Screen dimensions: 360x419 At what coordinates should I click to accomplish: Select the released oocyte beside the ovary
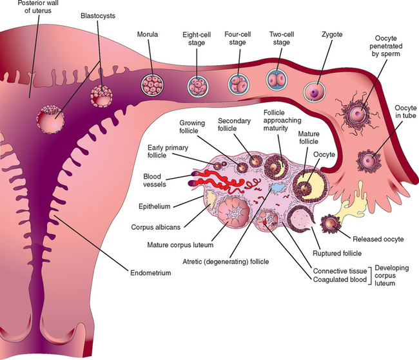click(x=330, y=225)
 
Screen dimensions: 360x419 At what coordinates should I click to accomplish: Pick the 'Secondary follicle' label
click(x=235, y=125)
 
